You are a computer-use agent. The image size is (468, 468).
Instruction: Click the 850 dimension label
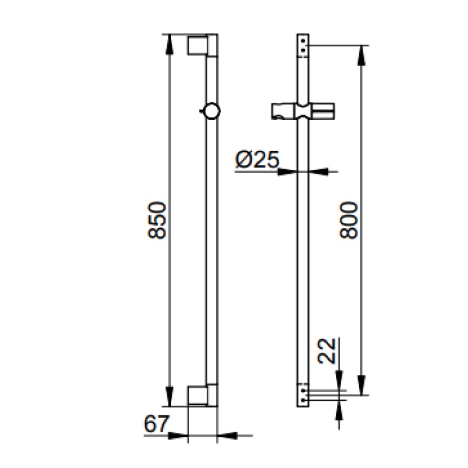pos(157,221)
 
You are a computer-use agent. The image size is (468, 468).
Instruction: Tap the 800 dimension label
pos(349,221)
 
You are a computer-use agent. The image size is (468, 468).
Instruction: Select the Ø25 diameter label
pos(257,160)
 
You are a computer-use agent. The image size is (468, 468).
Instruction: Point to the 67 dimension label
pos(156,424)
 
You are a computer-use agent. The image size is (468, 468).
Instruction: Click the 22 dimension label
pos(326,351)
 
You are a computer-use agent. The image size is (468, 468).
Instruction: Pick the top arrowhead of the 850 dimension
pos(169,44)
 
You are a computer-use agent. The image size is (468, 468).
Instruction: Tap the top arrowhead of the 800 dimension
pos(361,56)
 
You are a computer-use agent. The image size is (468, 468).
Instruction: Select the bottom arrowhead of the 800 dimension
pos(361,385)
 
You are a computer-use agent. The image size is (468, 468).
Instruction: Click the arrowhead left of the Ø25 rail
pos(288,171)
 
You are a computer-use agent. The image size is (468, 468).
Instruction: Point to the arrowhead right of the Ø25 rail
pos(319,171)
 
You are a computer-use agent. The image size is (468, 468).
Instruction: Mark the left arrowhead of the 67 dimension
pos(178,435)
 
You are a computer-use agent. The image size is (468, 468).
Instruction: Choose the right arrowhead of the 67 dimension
pos(227,435)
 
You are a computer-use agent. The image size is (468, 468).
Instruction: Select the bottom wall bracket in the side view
pos(202,395)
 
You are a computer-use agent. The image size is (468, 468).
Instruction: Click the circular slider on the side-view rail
pos(211,111)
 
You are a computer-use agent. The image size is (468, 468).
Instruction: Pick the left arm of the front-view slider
pos(283,111)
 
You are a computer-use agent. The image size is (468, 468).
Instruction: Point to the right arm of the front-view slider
pos(322,111)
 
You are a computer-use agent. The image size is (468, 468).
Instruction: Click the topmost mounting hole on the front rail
pos(303,40)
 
